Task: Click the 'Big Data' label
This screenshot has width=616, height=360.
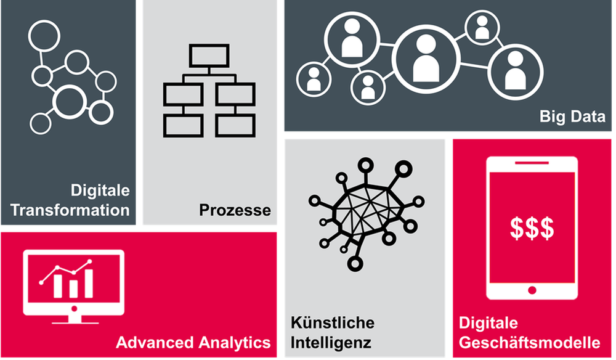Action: [x=572, y=116]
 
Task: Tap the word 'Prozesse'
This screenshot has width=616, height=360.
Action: [x=235, y=211]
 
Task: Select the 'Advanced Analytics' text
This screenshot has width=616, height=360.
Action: [x=193, y=343]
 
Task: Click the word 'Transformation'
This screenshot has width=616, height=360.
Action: [x=70, y=210]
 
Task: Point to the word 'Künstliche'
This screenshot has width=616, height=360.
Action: [x=332, y=323]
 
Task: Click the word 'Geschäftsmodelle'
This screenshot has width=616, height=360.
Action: [x=529, y=342]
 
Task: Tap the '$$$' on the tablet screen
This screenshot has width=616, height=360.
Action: [x=532, y=229]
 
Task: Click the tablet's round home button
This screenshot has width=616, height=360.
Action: [x=532, y=288]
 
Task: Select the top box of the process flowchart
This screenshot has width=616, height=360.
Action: [x=209, y=57]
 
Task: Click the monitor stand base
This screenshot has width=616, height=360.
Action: [x=73, y=321]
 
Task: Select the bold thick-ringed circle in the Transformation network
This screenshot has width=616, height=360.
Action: [x=68, y=101]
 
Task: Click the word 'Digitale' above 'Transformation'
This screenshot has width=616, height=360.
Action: [x=100, y=190]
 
